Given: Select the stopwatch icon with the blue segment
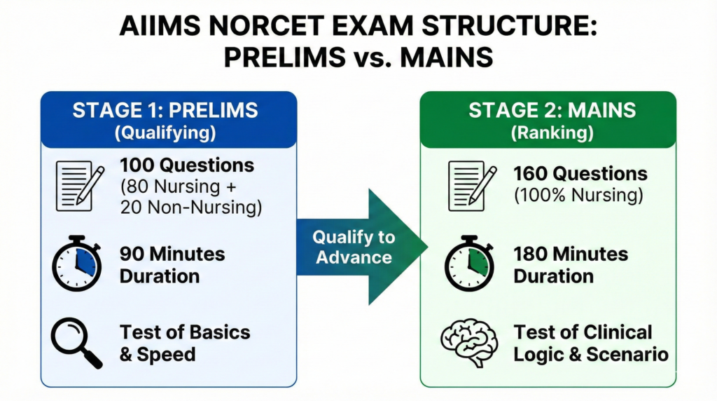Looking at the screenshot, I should point(77,263).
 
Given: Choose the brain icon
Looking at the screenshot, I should point(468,342).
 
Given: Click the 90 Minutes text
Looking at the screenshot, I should point(172,253).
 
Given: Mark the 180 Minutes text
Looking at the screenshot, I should point(571,253).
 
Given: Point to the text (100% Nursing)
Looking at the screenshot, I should point(578,196).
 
